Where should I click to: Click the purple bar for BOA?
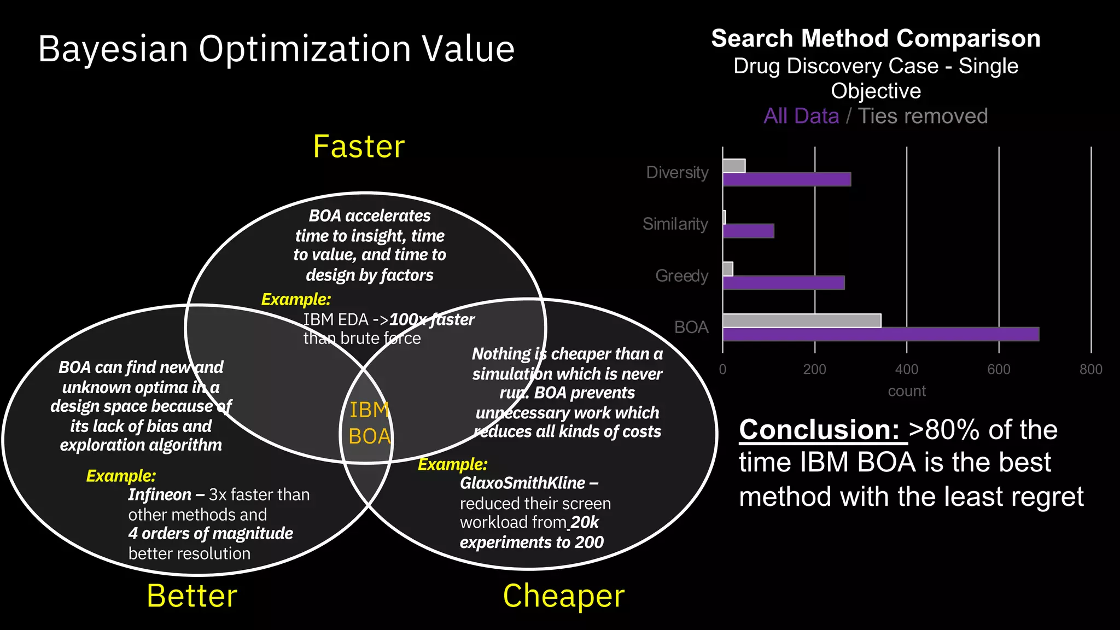pyautogui.click(x=880, y=334)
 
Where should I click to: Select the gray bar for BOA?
pyautogui.click(x=802, y=320)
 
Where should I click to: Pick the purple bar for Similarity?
pyautogui.click(x=748, y=231)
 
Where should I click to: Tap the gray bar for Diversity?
pyautogui.click(x=734, y=166)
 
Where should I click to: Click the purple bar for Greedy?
pyautogui.click(x=784, y=283)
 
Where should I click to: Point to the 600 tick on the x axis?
pyautogui.click(x=999, y=370)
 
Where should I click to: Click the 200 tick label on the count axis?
pyautogui.click(x=814, y=370)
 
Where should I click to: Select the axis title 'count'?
pyautogui.click(x=907, y=392)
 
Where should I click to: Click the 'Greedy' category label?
pyautogui.click(x=681, y=276)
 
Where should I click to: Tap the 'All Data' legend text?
pyautogui.click(x=801, y=116)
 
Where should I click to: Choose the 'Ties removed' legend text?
pyautogui.click(x=923, y=116)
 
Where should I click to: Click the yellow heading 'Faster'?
pyautogui.click(x=359, y=147)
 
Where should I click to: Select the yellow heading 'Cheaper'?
pyautogui.click(x=563, y=596)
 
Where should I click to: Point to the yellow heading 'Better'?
pyautogui.click(x=192, y=596)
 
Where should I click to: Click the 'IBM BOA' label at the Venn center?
pyautogui.click(x=370, y=423)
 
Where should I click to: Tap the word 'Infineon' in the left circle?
pyautogui.click(x=160, y=495)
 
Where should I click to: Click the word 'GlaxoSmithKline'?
pyautogui.click(x=523, y=483)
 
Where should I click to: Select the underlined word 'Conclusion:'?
pyautogui.click(x=819, y=430)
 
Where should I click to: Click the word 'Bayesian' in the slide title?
pyautogui.click(x=113, y=49)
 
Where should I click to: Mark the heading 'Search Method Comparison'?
pyautogui.click(x=876, y=39)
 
